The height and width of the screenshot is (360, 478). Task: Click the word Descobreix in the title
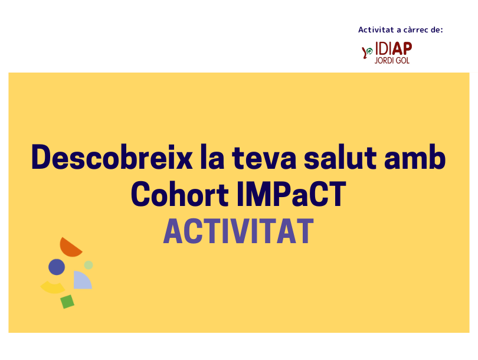112,157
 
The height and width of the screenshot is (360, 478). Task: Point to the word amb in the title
415,158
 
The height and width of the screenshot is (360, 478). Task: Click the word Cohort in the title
180,194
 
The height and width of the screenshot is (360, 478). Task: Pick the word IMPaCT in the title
292,194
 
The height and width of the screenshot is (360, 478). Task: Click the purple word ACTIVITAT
238,231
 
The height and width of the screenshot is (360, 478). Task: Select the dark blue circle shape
57,267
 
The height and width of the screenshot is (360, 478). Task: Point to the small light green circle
89,265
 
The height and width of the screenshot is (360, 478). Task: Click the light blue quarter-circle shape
81,282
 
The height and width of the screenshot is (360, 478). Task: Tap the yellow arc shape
53,288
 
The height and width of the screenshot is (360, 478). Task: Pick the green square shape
67,302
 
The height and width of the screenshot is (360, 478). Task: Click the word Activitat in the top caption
376,30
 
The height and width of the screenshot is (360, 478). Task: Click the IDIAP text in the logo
394,49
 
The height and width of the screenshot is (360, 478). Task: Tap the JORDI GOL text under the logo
392,60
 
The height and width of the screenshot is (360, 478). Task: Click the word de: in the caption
437,30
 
